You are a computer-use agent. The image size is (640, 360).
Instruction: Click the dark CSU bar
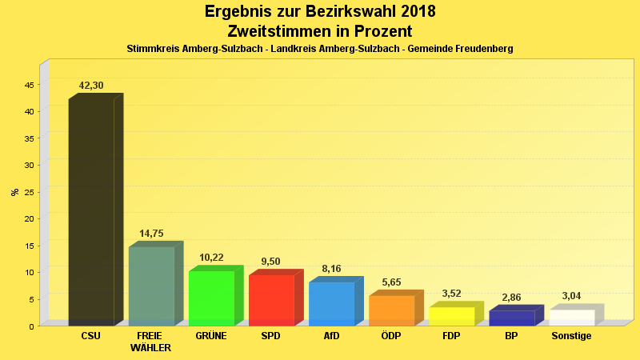(x=91, y=212)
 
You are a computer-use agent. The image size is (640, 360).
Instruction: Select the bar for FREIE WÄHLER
(x=151, y=286)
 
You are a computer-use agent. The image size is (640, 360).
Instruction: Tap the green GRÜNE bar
(x=211, y=298)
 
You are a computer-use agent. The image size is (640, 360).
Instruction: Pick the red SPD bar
(x=271, y=300)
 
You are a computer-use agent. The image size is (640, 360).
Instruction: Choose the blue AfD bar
(x=331, y=303)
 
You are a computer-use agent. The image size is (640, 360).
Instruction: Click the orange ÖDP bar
(x=391, y=310)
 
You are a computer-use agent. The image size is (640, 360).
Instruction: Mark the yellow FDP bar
(x=451, y=316)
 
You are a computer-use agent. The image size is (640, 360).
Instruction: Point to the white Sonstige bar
(x=571, y=318)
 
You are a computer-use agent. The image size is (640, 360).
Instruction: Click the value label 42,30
(x=91, y=86)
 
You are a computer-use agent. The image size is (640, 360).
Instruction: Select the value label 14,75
(x=151, y=234)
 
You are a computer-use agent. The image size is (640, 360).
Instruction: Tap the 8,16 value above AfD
(x=331, y=269)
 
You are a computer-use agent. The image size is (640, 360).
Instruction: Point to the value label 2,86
(x=511, y=298)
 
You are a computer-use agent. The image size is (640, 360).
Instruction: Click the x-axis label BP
(x=511, y=336)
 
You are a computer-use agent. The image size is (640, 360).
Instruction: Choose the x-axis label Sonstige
(x=571, y=336)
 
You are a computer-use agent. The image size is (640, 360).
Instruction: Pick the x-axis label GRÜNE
(x=211, y=336)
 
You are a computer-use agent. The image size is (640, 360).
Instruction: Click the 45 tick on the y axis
(x=28, y=84)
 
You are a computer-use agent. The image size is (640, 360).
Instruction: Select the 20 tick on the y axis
(x=28, y=218)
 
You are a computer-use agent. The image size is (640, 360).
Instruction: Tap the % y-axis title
(x=14, y=192)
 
